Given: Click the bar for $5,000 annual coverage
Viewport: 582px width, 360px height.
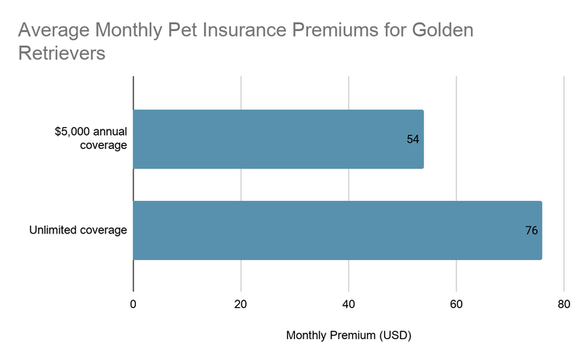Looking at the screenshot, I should pyautogui.click(x=278, y=139).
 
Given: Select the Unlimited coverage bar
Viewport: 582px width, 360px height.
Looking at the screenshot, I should pyautogui.click(x=337, y=230).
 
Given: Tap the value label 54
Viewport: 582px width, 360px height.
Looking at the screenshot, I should pyautogui.click(x=413, y=140).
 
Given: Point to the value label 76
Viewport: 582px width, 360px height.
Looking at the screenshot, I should pyautogui.click(x=531, y=230).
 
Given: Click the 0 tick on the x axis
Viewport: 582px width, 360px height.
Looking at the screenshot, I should pyautogui.click(x=133, y=303).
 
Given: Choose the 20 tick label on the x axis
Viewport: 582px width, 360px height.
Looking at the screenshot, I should pyautogui.click(x=241, y=303).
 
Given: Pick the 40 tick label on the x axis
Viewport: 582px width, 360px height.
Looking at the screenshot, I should pyautogui.click(x=348, y=303).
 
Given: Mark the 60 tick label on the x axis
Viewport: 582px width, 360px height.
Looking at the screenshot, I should pyautogui.click(x=456, y=303).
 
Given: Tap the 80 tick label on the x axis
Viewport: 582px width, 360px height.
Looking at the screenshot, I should pyautogui.click(x=564, y=303).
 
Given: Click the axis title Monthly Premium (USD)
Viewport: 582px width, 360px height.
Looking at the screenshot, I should pyautogui.click(x=348, y=336).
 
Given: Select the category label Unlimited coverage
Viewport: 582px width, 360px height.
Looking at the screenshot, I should pyautogui.click(x=78, y=230).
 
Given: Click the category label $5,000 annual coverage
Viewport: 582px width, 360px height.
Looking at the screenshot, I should pyautogui.click(x=91, y=139).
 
